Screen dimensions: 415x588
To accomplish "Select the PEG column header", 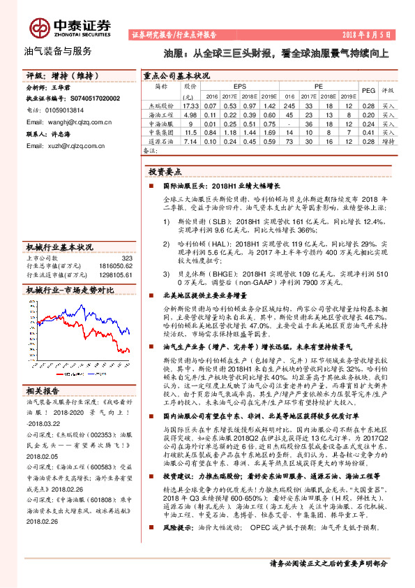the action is click(x=369, y=91).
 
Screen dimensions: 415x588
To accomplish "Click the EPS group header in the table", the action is click(x=230, y=86).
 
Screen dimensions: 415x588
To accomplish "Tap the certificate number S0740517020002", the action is click(x=91, y=99).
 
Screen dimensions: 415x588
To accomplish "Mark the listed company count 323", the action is click(x=126, y=258).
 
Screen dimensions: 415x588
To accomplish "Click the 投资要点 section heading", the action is click(x=165, y=172).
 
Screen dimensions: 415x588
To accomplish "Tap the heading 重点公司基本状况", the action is click(x=176, y=75).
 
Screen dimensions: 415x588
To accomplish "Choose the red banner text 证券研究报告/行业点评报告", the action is click(x=174, y=34).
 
